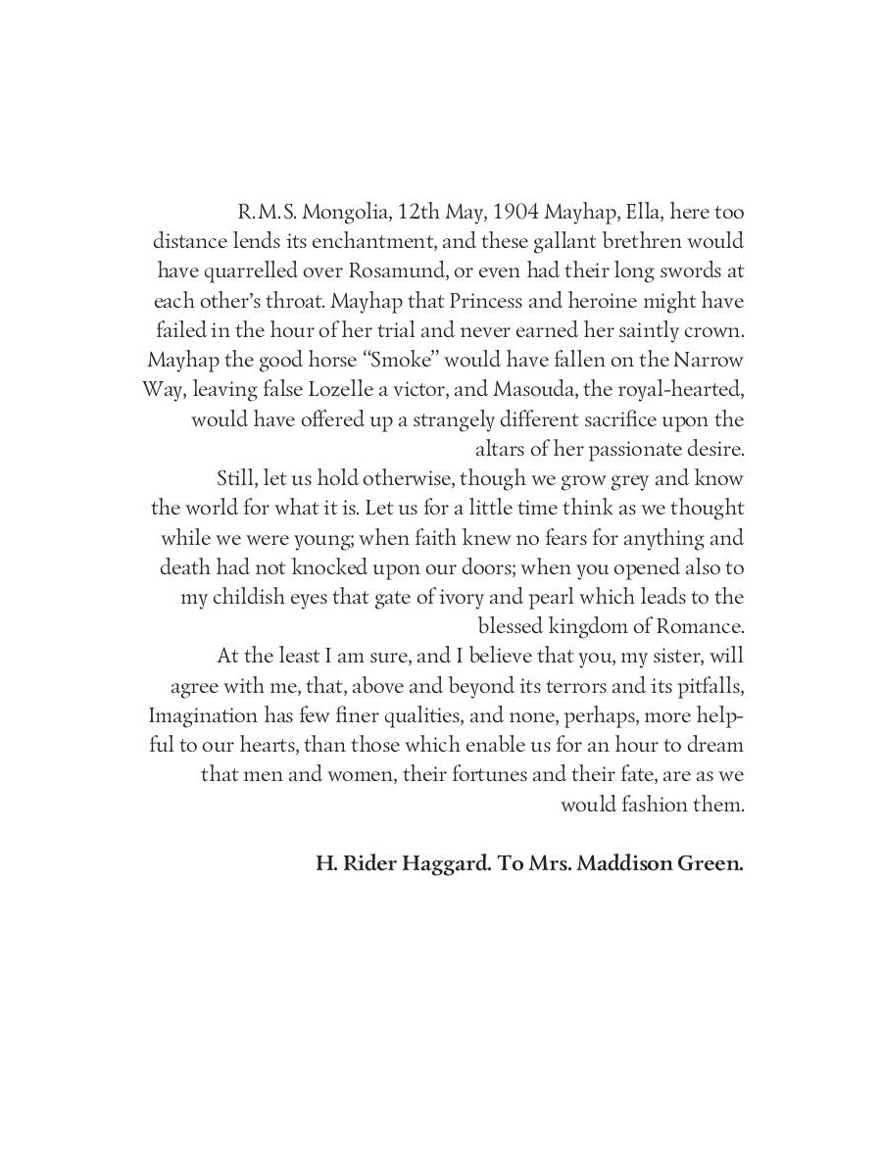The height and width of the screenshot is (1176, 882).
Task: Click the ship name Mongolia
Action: tap(339, 212)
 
